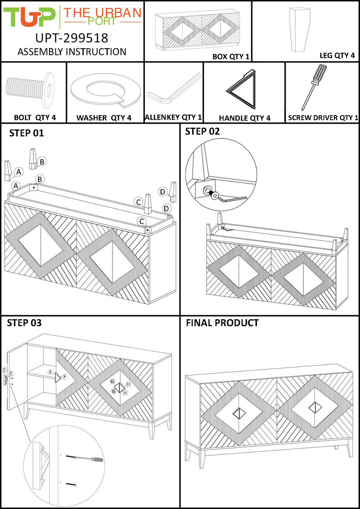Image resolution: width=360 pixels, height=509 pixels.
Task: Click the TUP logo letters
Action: pyautogui.click(x=30, y=17)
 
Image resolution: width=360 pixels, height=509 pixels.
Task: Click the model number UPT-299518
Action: pyautogui.click(x=72, y=37)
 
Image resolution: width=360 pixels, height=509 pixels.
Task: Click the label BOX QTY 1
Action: pyautogui.click(x=230, y=57)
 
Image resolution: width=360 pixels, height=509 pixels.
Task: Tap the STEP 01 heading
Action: pyautogui.click(x=27, y=133)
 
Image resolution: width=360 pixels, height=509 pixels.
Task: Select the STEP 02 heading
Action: pyautogui.click(x=202, y=131)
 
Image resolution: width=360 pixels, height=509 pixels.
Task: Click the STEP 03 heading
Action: pyautogui.click(x=25, y=323)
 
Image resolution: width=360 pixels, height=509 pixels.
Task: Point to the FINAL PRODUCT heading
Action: pyautogui.click(x=222, y=323)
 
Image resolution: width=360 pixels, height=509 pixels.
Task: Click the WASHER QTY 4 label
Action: pyautogui.click(x=103, y=118)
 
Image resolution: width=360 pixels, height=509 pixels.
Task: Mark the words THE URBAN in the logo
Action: pyautogui.click(x=102, y=13)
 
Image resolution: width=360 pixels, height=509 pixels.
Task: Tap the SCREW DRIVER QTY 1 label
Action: pyautogui.click(x=323, y=118)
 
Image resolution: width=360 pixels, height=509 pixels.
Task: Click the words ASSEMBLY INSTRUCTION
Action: pyautogui.click(x=72, y=52)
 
